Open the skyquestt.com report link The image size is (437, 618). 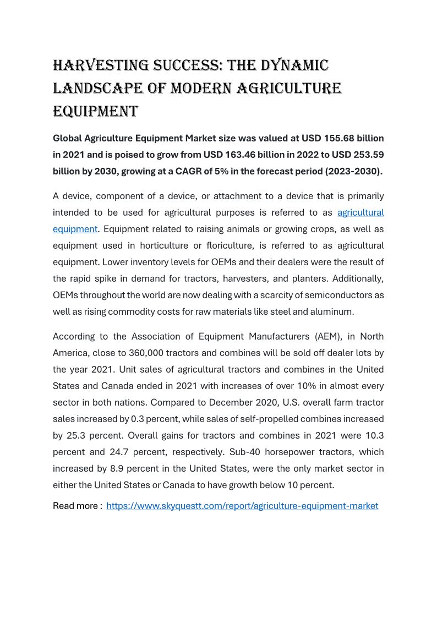pyautogui.click(x=242, y=505)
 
